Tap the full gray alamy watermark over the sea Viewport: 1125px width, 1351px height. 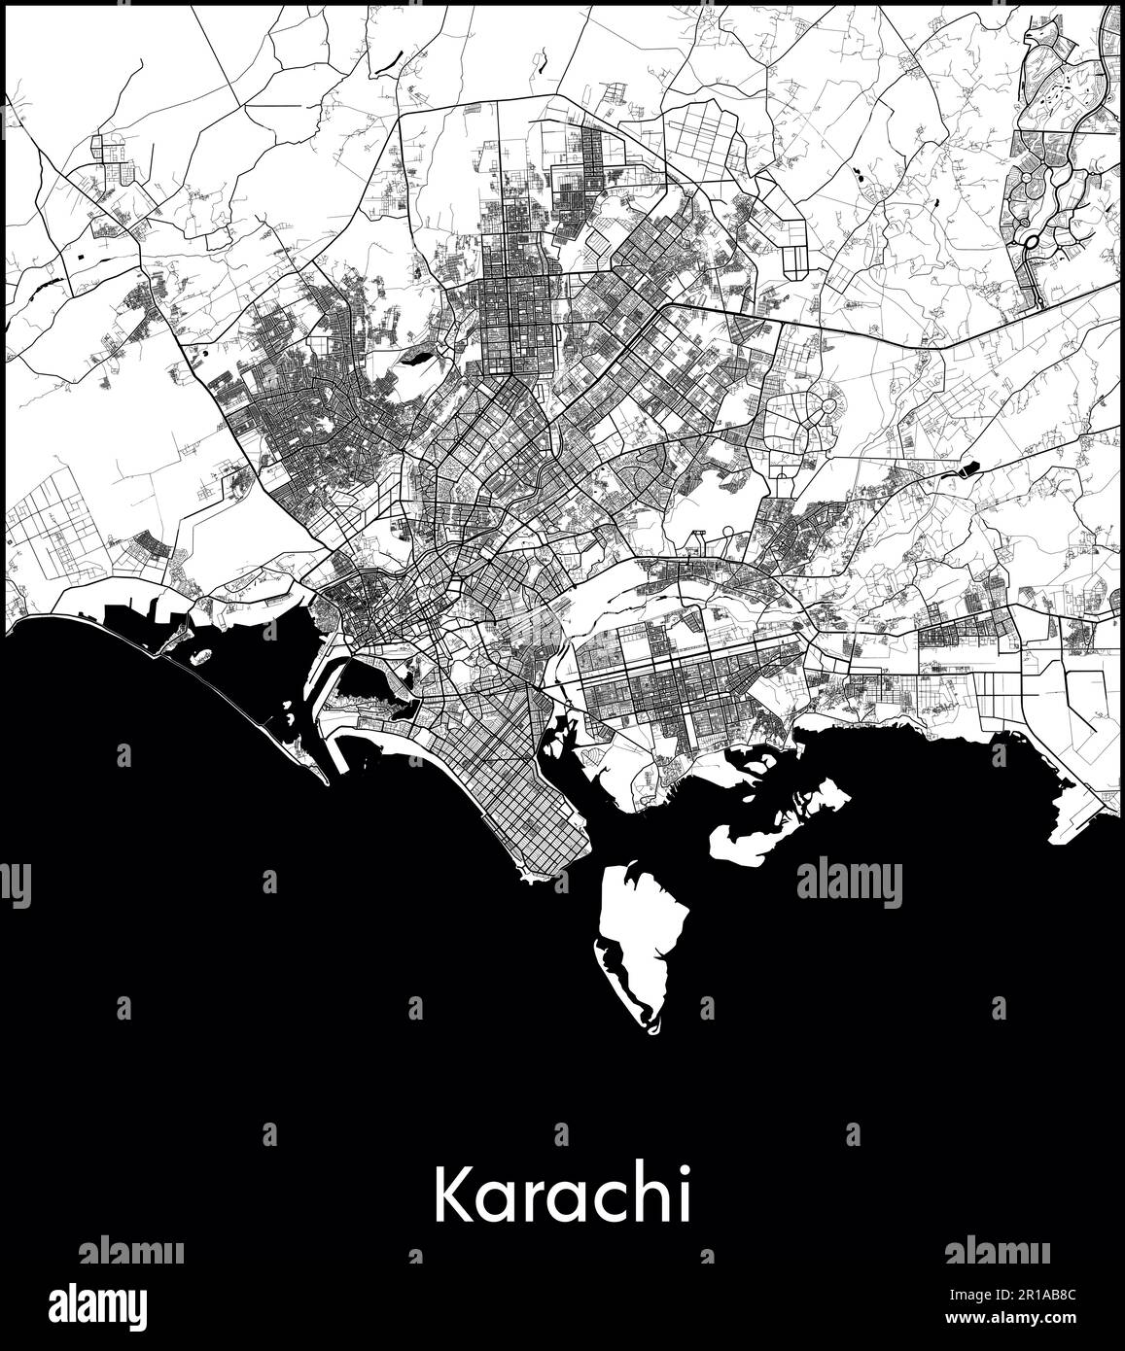coord(849,883)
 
